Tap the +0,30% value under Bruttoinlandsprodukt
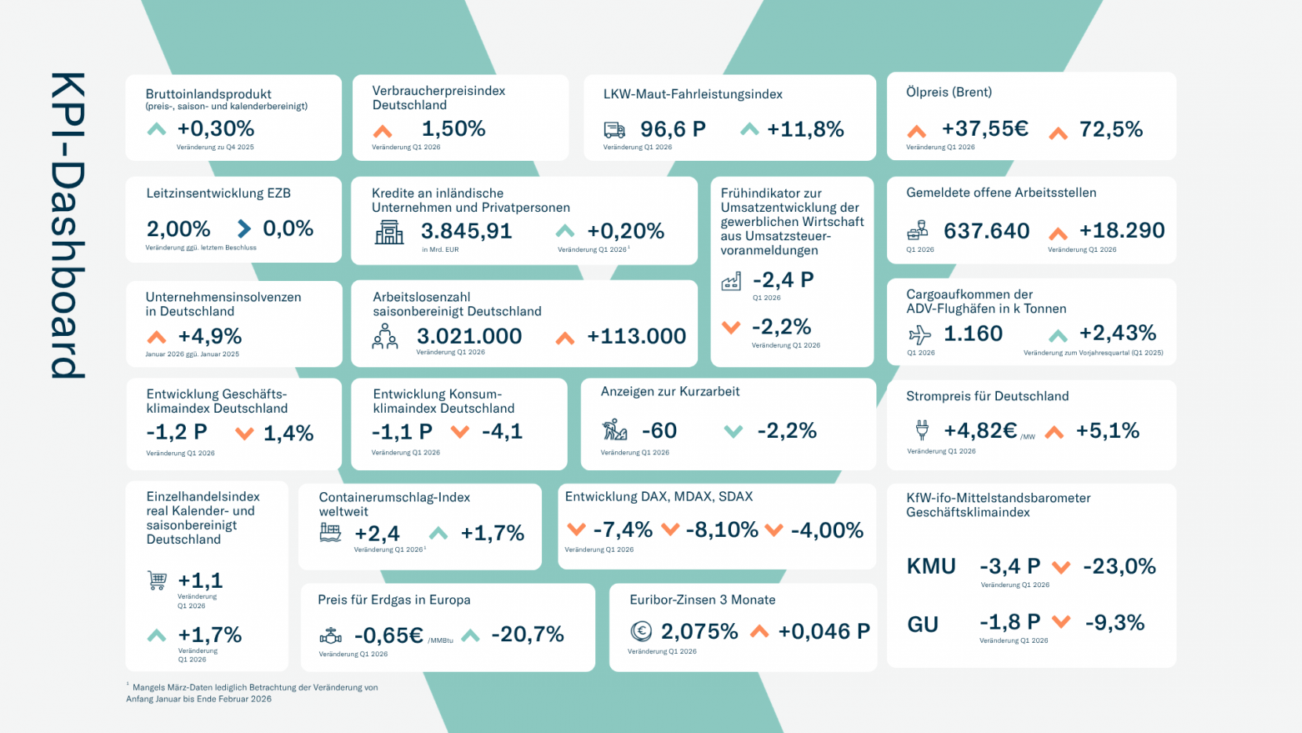pyautogui.click(x=216, y=129)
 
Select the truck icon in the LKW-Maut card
pyautogui.click(x=614, y=129)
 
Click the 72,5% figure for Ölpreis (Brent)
pyautogui.click(x=1111, y=129)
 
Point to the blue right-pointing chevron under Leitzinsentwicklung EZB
pyautogui.click(x=244, y=228)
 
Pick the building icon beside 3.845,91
pyautogui.click(x=389, y=232)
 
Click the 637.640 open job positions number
pyautogui.click(x=986, y=231)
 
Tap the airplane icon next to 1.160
pyautogui.click(x=919, y=335)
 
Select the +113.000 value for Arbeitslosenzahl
pyautogui.click(x=636, y=336)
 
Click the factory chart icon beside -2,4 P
pyautogui.click(x=731, y=281)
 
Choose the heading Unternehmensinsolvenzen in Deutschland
pyautogui.click(x=224, y=304)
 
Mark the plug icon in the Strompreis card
pyautogui.click(x=922, y=430)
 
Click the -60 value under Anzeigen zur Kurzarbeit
pyautogui.click(x=659, y=431)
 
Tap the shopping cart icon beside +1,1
pyautogui.click(x=157, y=581)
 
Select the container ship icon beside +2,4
pyautogui.click(x=330, y=533)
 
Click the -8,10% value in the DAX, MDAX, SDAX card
pyautogui.click(x=722, y=530)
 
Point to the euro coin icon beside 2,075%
pyautogui.click(x=641, y=631)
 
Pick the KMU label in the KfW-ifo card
pyautogui.click(x=931, y=567)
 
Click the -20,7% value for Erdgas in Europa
pyautogui.click(x=527, y=634)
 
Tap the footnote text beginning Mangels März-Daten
pyautogui.click(x=253, y=693)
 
